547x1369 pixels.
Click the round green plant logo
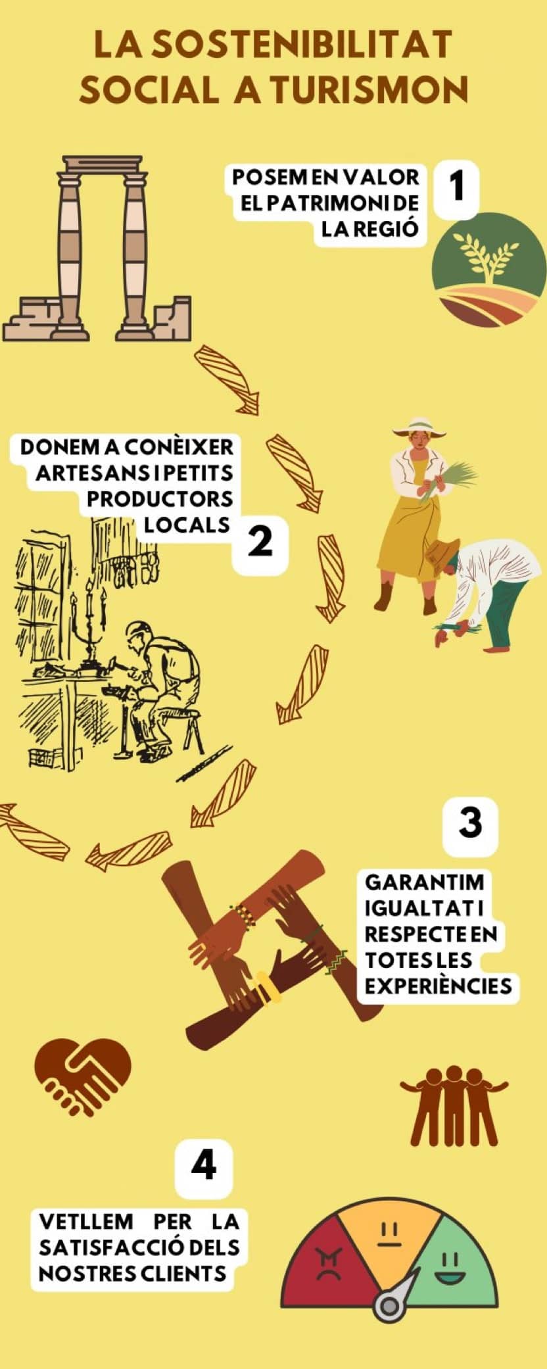488,270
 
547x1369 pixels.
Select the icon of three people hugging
454,1105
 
